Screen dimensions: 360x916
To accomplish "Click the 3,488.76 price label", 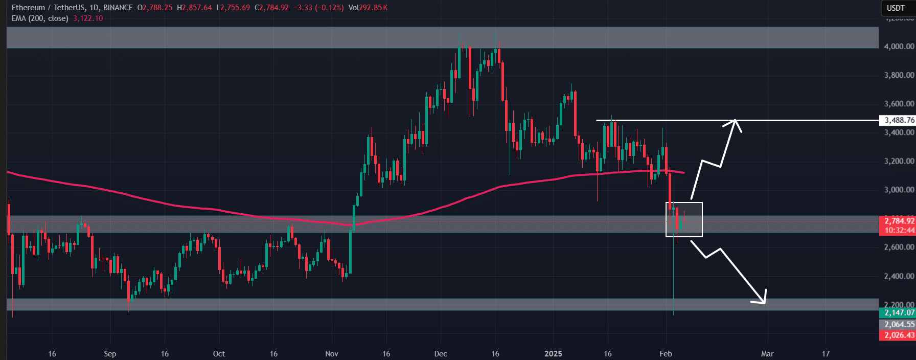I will click(899, 120).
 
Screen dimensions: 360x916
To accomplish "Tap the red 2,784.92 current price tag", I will click(899, 221).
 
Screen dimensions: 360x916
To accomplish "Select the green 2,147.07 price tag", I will click(899, 312).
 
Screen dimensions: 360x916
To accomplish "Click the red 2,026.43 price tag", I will click(899, 335).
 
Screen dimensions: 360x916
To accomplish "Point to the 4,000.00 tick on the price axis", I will click(899, 46).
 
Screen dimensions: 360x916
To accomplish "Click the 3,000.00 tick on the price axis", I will click(899, 190).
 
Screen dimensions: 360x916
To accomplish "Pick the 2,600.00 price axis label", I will click(899, 247).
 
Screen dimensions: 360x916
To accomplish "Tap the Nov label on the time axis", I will click(332, 353).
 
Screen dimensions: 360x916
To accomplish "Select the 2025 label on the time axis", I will click(553, 353).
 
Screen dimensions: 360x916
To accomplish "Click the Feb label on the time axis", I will click(666, 353).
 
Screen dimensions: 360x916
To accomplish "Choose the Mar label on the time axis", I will click(767, 353).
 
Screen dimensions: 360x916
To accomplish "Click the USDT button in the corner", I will click(896, 8).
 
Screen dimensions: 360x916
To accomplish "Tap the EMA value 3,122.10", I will click(88, 18).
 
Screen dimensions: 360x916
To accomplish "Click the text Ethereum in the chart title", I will click(28, 8).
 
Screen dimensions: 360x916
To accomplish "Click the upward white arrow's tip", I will click(735, 121).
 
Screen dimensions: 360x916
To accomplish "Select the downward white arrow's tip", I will click(765, 303).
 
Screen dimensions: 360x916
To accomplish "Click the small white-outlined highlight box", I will click(684, 219).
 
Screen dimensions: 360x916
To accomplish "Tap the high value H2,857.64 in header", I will click(194, 8).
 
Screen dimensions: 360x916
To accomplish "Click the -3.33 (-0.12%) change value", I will click(318, 8).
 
